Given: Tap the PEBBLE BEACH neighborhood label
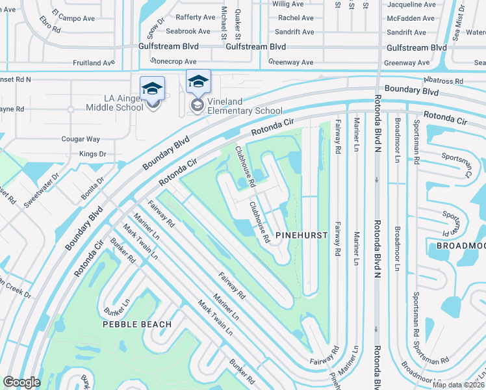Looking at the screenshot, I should [x=137, y=324].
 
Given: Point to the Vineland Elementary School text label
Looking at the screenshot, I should [x=245, y=106].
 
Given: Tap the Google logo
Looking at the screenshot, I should [x=21, y=382].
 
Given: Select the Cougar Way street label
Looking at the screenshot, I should [x=81, y=139].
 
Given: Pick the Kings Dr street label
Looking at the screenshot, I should [x=92, y=154].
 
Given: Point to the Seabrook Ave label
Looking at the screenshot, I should [x=188, y=31].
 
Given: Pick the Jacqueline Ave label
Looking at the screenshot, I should [x=411, y=4].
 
